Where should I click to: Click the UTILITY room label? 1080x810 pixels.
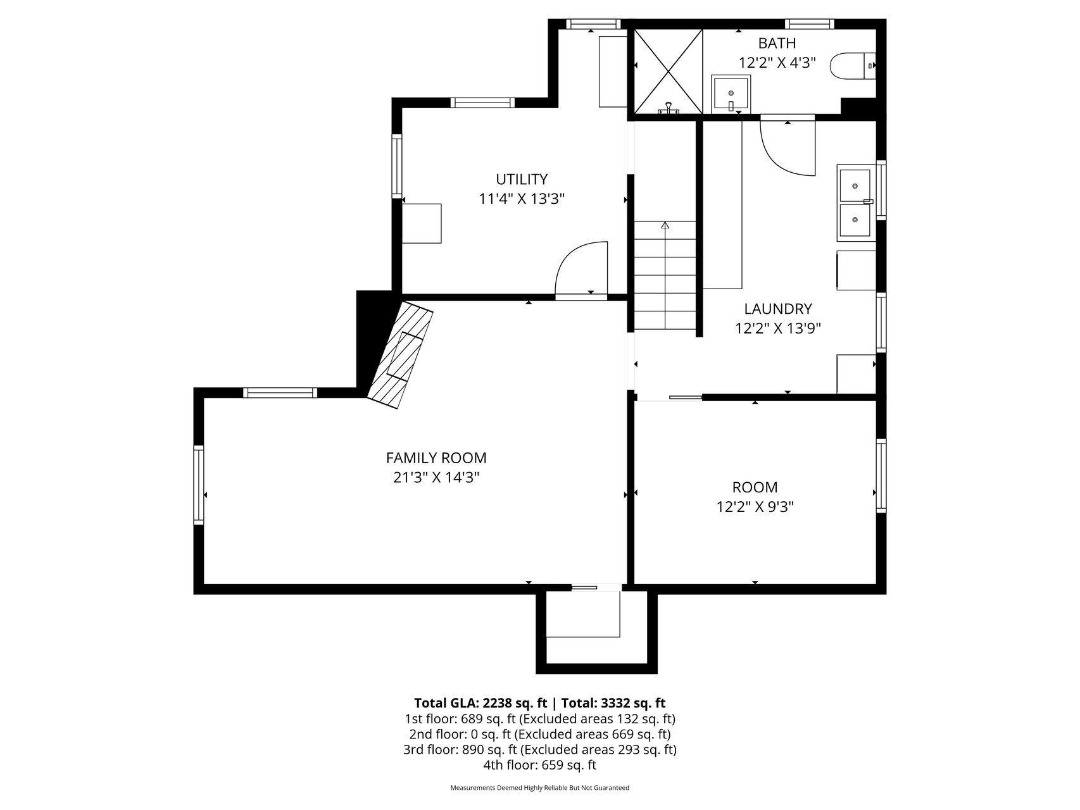(x=522, y=179)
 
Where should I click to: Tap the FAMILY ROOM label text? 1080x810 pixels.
(x=436, y=458)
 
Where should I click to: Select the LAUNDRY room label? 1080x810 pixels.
(x=777, y=309)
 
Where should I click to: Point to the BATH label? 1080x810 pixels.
(x=777, y=43)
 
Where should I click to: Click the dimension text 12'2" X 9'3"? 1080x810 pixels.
(x=755, y=507)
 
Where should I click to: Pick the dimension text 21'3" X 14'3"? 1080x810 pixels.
(x=436, y=477)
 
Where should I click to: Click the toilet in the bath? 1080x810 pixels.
(x=853, y=66)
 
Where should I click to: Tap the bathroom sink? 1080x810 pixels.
(x=731, y=94)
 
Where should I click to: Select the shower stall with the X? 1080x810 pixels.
(x=669, y=72)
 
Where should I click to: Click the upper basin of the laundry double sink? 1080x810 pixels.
(x=855, y=185)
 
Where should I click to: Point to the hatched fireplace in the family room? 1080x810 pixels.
(x=401, y=354)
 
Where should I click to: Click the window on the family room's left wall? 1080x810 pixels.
(x=199, y=485)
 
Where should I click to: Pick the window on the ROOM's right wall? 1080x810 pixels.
(x=881, y=475)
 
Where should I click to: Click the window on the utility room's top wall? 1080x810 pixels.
(x=482, y=103)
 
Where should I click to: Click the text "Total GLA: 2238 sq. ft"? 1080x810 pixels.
(x=480, y=703)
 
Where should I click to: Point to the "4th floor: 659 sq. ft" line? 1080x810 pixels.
(x=539, y=765)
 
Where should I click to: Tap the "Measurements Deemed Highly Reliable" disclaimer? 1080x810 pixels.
(x=539, y=788)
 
